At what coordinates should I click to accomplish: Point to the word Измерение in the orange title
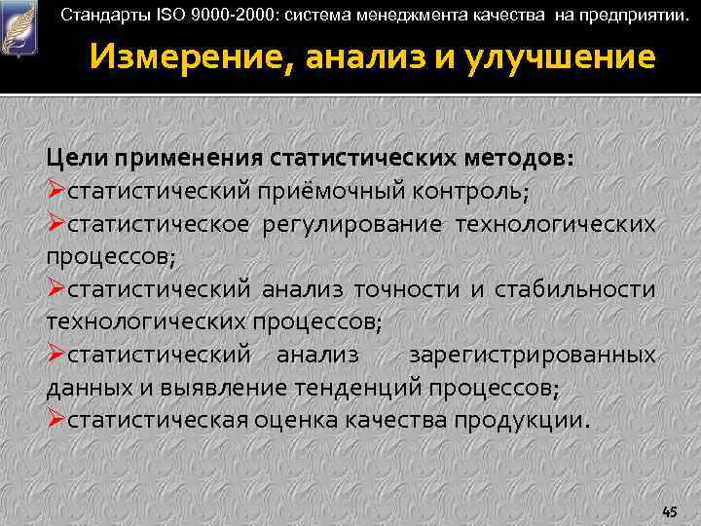[185, 58]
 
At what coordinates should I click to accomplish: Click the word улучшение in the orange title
[569, 58]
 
